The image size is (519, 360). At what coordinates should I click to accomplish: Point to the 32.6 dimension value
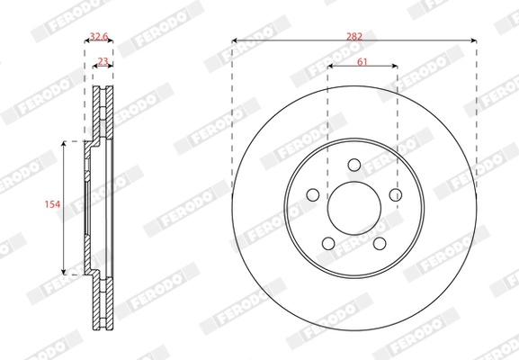pos(99,38)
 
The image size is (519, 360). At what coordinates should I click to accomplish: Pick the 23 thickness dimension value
pos(103,60)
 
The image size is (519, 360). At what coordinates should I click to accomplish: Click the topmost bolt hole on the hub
pos(353,165)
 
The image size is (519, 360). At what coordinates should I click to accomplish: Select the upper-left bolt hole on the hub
pos(313,194)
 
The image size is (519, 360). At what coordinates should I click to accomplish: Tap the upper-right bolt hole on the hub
pos(394,194)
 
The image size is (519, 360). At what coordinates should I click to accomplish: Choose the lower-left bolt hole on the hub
pos(328,242)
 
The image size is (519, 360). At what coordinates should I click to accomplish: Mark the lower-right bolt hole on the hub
pos(379,242)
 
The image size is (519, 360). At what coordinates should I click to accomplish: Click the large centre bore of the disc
pos(353,208)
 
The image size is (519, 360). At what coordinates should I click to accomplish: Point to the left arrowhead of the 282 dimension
pos(234,40)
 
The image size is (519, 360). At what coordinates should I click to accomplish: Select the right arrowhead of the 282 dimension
pos(473,40)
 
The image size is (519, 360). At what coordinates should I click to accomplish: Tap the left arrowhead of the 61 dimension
pos(329,67)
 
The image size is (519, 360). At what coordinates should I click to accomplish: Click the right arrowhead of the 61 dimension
pos(395,67)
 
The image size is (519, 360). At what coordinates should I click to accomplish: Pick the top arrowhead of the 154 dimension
pos(64,142)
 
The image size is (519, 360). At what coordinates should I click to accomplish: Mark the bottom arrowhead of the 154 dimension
pos(64,271)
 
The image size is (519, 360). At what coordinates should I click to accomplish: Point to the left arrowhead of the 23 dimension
pos(94,67)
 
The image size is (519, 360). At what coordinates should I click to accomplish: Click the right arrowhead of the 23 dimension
pos(113,67)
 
